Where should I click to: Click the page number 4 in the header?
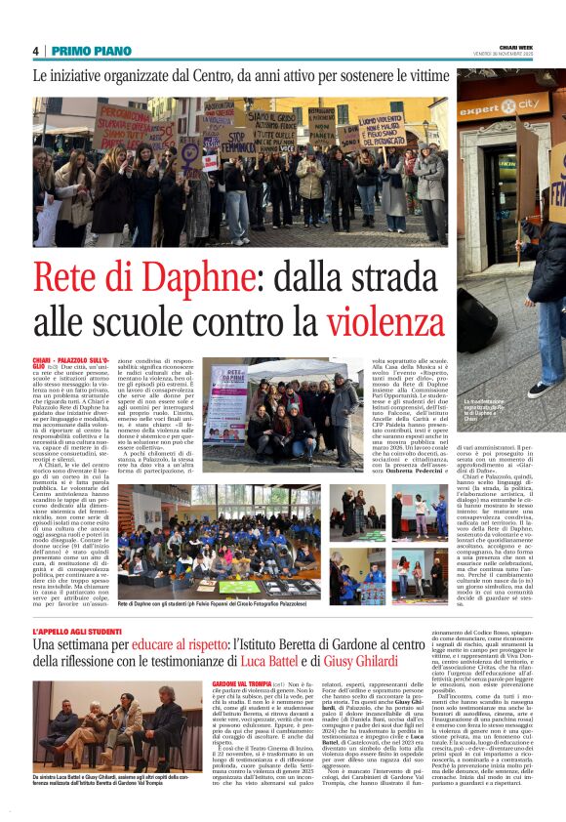point(35,51)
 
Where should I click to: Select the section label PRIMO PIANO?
point(92,51)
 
